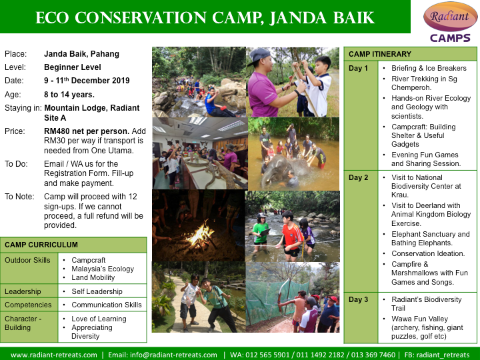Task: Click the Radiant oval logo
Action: pos(450,16)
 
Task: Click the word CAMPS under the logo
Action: pos(450,38)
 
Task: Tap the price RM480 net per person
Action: pos(87,131)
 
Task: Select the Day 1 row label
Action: pos(358,68)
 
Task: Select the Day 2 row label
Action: pos(358,177)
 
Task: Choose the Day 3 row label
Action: pos(358,299)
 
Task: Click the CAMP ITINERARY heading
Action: pos(380,54)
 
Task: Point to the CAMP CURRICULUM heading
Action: pos(41,245)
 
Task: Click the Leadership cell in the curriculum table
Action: pos(23,291)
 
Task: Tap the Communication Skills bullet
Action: pos(107,305)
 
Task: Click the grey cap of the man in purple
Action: pos(259,55)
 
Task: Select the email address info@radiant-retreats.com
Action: pos(173,355)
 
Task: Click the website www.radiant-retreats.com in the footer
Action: pos(54,355)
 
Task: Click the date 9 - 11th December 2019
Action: pos(87,81)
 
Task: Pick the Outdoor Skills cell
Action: pos(27,260)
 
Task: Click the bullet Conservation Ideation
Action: pos(428,253)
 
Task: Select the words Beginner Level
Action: pos(73,67)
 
